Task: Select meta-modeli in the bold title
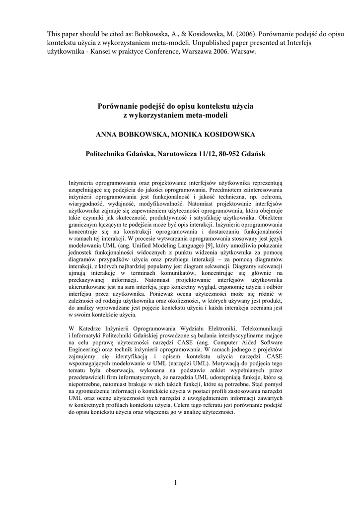click(205, 115)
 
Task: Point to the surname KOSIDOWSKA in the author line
click(233, 134)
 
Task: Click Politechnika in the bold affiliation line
click(107, 154)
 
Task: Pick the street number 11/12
click(204, 154)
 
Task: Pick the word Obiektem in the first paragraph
click(270, 218)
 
